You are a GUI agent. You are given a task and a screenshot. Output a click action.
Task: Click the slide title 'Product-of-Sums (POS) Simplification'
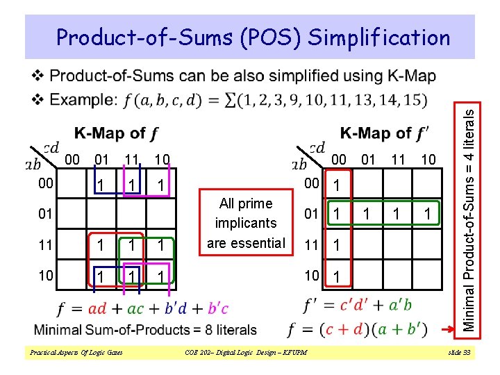[x=253, y=37]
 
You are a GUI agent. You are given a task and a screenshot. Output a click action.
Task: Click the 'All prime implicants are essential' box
[x=246, y=223]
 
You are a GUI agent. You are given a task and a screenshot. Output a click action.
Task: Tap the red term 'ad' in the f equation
[x=98, y=308]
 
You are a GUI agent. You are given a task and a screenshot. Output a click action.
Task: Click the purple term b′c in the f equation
[x=217, y=308]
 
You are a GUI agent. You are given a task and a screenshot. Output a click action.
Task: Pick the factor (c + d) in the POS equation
[x=360, y=329]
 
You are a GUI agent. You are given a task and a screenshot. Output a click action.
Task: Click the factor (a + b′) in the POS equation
[x=410, y=329]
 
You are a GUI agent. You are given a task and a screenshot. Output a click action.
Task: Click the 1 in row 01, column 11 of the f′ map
[x=397, y=212]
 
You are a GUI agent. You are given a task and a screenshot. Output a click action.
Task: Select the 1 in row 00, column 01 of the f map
[x=102, y=186]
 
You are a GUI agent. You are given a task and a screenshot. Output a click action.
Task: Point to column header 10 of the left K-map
[x=161, y=160]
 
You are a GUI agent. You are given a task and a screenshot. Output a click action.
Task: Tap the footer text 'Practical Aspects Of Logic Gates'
[x=76, y=353]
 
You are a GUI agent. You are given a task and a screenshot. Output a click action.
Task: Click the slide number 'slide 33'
[x=460, y=353]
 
